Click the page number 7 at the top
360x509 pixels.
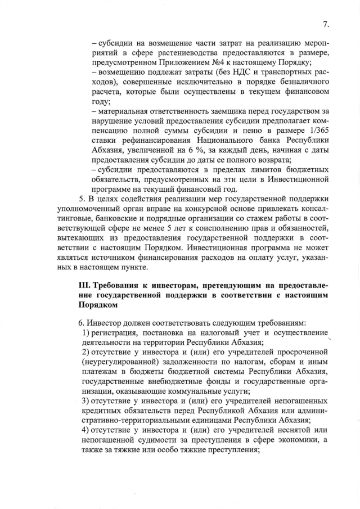[326, 24]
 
